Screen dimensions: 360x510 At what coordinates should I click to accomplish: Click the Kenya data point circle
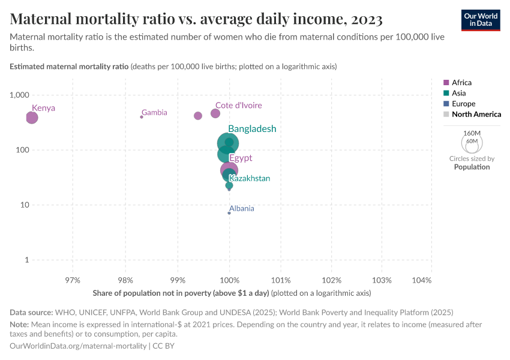pos(32,118)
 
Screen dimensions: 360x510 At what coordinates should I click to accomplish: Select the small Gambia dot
pos(142,117)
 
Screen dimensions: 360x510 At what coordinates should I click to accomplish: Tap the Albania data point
pos(229,213)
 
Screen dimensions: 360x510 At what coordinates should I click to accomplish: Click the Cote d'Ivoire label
pos(238,105)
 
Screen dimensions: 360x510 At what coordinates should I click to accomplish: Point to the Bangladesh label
pos(252,129)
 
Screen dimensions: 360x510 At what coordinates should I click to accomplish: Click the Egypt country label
pos(241,158)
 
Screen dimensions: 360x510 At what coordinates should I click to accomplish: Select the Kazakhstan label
pos(250,178)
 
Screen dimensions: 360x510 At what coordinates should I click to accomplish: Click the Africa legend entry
pos(461,82)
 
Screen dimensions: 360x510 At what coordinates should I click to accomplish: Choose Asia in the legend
pos(458,93)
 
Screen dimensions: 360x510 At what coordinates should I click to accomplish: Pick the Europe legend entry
pos(463,104)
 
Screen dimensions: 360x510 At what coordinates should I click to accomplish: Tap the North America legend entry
pos(476,114)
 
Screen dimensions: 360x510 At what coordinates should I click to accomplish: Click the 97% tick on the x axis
pos(73,280)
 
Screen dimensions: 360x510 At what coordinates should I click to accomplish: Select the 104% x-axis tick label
pos(422,280)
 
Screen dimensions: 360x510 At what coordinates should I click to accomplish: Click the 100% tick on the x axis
pos(229,280)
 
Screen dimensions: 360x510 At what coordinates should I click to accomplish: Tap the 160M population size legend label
pos(472,133)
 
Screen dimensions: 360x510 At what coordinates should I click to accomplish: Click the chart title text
pos(196,19)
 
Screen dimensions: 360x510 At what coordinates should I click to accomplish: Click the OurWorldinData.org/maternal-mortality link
pos(79,346)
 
